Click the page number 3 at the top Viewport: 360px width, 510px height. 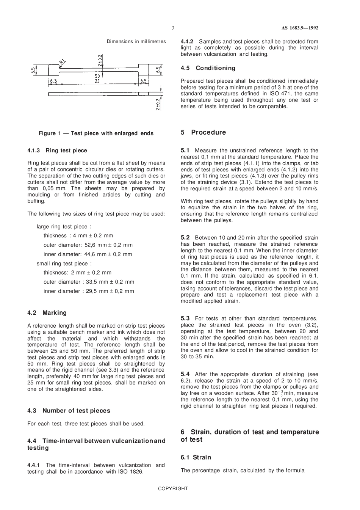click(x=173, y=28)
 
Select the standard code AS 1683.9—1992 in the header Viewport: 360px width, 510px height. click(x=300, y=28)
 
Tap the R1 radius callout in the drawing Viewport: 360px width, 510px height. click(x=63, y=61)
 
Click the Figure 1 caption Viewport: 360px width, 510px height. click(x=96, y=133)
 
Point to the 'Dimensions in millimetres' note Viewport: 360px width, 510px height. click(x=136, y=41)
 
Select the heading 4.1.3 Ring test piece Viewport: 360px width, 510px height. click(x=57, y=151)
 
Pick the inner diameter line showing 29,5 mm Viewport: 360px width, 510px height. click(x=89, y=291)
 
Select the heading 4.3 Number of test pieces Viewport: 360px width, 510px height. click(x=69, y=411)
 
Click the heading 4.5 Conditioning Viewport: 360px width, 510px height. click(x=208, y=68)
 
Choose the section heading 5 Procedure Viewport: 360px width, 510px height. click(x=203, y=132)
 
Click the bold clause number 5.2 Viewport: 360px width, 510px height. click(x=185, y=237)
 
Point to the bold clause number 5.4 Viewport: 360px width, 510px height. click(x=185, y=374)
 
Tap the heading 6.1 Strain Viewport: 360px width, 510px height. click(x=196, y=457)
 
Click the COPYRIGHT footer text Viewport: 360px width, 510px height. click(x=173, y=489)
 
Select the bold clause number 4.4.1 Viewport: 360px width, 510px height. click(x=34, y=465)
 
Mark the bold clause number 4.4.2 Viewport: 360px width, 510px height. click(x=187, y=41)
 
